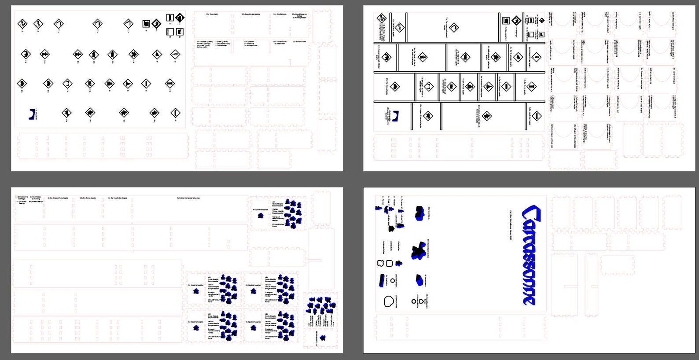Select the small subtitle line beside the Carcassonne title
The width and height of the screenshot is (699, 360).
[510, 225]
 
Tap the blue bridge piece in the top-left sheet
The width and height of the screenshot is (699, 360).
[32, 114]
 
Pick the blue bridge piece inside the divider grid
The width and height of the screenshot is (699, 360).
[396, 116]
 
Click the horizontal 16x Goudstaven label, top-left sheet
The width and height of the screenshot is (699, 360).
[279, 14]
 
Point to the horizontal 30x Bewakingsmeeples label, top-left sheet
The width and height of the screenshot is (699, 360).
[250, 14]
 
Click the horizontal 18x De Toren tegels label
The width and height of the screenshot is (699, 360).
[88, 198]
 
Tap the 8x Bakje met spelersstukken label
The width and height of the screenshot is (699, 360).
[188, 198]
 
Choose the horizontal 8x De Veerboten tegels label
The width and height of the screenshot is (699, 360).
[118, 198]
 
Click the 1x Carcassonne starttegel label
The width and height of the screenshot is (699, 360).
[22, 198]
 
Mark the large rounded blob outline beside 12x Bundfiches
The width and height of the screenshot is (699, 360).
[389, 301]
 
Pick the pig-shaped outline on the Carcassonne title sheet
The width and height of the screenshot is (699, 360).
[381, 263]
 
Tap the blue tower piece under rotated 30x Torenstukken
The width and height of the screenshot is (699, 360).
[419, 213]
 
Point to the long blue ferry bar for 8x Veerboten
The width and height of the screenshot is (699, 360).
[381, 280]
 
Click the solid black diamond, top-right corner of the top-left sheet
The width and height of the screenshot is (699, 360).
[180, 18]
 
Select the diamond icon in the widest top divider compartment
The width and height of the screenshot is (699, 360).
[454, 28]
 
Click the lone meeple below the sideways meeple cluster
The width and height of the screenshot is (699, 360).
[323, 338]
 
